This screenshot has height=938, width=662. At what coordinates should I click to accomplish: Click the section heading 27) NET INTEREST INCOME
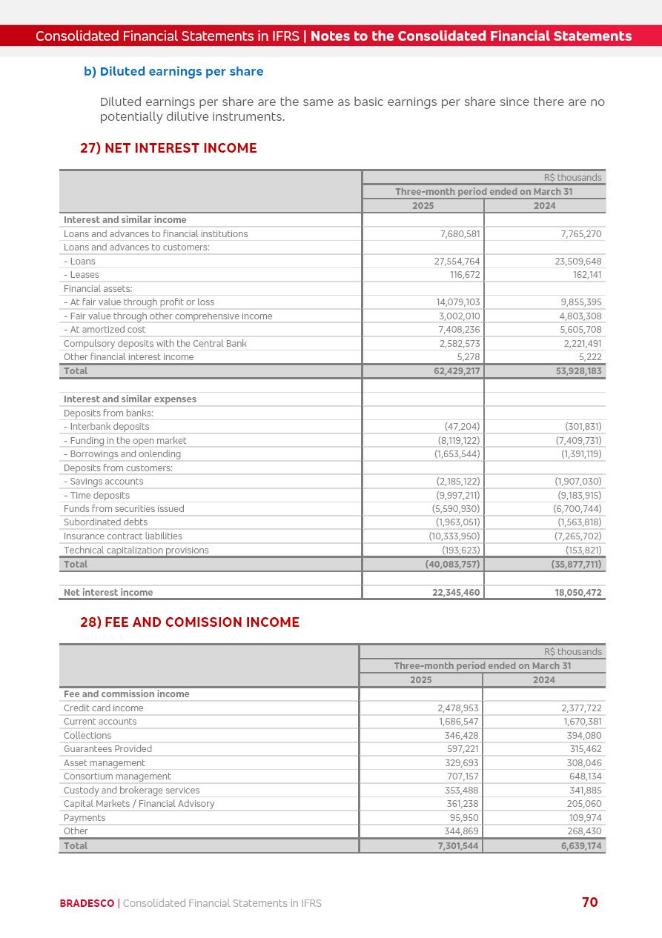coord(168,148)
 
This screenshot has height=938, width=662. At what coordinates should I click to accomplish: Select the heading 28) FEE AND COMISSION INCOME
coord(189,622)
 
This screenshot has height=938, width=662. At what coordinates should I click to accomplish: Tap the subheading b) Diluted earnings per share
coord(173,72)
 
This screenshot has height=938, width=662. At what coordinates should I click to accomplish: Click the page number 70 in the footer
coord(589,902)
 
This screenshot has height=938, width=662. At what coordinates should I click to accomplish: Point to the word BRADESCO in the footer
coord(87,903)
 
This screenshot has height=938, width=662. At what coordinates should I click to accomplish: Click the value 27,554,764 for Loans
coord(457,262)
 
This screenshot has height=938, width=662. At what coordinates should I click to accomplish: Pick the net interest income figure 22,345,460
coord(456,593)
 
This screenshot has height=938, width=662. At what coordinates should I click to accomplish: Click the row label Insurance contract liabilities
coord(122,536)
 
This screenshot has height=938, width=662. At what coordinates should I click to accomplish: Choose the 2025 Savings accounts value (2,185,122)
coord(457,482)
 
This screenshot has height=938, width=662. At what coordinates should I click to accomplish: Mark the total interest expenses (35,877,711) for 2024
coord(577,565)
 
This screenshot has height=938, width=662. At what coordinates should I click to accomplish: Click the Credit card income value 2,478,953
coord(457,708)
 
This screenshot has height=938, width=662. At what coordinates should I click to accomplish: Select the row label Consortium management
coord(117,776)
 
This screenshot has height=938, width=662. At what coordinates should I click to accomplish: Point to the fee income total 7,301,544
coord(457,846)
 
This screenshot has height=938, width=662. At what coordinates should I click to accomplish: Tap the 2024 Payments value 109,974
coord(582,818)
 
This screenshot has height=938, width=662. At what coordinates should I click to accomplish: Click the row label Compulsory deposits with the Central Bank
coord(155,344)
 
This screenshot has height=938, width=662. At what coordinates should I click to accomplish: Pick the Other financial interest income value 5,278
coord(468,357)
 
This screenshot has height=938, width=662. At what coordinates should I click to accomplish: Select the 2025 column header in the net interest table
coord(423,206)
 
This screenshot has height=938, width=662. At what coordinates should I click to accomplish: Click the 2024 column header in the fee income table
coord(543,680)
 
